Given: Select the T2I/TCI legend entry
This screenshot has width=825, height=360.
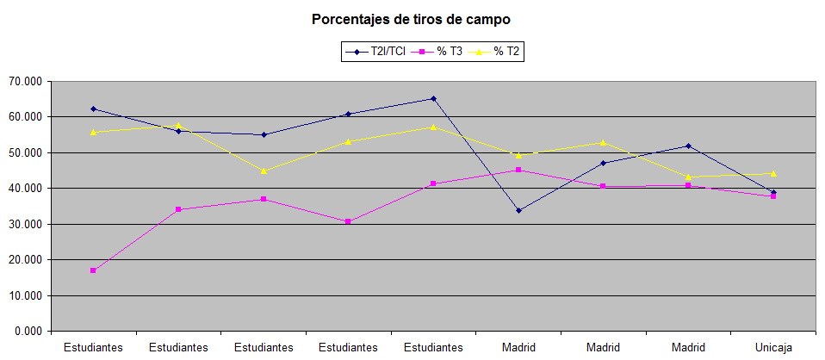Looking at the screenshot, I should [x=377, y=53].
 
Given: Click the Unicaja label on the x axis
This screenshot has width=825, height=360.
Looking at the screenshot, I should [x=773, y=347].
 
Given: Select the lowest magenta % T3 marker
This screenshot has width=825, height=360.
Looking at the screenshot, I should [x=93, y=270].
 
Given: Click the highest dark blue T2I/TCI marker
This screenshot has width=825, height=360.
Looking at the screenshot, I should [x=433, y=98].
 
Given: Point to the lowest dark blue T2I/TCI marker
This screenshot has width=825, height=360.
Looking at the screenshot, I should [x=518, y=210].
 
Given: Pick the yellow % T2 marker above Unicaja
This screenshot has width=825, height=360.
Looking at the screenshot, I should [x=773, y=173].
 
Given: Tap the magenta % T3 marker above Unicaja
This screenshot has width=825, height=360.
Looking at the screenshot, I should [x=773, y=196].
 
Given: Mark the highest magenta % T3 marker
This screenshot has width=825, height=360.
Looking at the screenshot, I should [x=518, y=170].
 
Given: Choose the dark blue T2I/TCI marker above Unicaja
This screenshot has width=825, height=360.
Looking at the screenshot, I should [x=773, y=192].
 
